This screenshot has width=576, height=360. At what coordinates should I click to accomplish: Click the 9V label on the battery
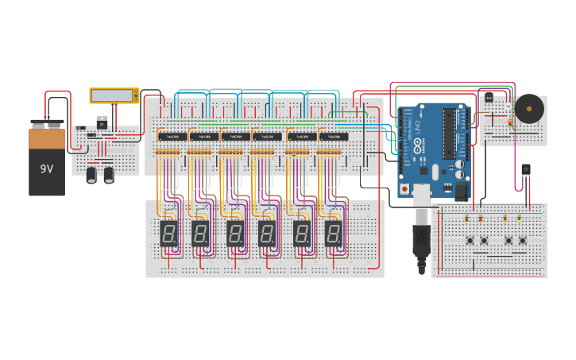tap(47, 168)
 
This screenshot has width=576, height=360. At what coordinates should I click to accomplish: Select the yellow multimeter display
tap(114, 95)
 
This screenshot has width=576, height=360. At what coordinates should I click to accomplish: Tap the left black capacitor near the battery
tap(92, 174)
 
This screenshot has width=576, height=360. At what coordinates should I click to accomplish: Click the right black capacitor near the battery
tap(109, 174)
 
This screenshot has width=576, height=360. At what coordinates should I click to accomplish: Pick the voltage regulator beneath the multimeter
tap(102, 122)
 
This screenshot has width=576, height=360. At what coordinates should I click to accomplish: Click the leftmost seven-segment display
tap(168, 233)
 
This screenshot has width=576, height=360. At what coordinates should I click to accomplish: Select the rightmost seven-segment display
tap(334, 233)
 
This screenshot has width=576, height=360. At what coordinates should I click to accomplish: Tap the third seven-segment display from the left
tap(235, 233)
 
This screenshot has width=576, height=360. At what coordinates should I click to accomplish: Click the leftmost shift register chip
tap(172, 137)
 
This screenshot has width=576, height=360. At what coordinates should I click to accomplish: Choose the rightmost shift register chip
tap(334, 137)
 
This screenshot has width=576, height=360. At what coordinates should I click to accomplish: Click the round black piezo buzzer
tap(529, 109)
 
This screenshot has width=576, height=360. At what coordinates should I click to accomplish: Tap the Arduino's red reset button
tap(405, 189)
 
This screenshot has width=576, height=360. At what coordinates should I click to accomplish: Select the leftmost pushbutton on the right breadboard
tap(470, 240)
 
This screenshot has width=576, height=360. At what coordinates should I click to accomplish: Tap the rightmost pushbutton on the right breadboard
tap(522, 240)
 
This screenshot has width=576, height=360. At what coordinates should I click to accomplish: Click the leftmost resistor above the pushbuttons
tap(467, 218)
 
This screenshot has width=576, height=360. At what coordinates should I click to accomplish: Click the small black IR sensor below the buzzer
tap(525, 170)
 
